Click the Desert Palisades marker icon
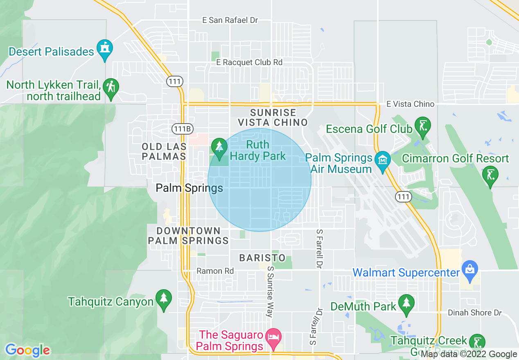coord(105,49)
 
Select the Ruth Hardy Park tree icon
coord(219,147)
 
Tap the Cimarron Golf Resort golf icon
coord(490,175)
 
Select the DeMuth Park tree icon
coord(406,304)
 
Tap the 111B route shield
coord(182,129)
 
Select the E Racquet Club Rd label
coord(249,62)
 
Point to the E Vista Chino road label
coord(410,104)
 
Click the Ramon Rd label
coord(215,271)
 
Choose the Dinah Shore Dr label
coord(475,313)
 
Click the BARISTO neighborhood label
coord(262,258)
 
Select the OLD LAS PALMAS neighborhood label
coord(164,151)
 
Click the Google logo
coord(27,350)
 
